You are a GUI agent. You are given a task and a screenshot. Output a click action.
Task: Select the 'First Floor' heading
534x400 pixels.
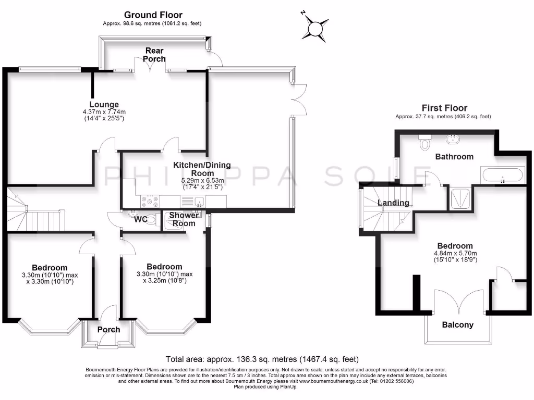click(444, 108)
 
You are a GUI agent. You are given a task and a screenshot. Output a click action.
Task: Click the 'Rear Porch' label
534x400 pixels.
click(154, 55)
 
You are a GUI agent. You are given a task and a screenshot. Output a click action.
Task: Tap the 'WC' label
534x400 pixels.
click(140, 219)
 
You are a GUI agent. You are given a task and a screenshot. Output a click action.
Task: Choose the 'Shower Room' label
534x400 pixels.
click(184, 219)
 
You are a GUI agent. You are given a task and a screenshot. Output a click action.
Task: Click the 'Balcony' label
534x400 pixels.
click(457, 324)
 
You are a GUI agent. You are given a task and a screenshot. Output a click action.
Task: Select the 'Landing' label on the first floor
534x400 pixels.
click(393, 203)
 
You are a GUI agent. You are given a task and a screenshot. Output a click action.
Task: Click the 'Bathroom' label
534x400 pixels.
click(454, 156)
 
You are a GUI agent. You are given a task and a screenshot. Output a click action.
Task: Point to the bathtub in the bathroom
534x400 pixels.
click(503, 175)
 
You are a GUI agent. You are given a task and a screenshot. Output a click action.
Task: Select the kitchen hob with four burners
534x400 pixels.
click(149, 200)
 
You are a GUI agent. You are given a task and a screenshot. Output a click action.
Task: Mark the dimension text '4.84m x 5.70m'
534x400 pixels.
click(455, 254)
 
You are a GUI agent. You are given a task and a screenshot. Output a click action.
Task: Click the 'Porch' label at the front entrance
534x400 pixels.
click(108, 329)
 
